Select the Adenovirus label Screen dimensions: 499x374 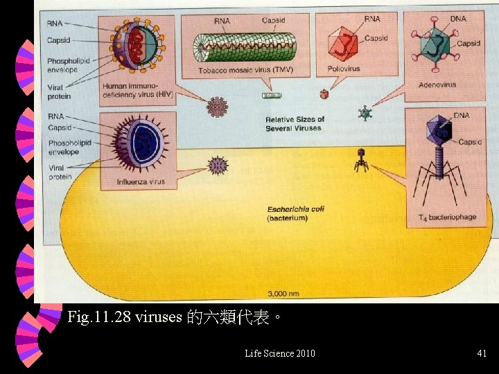point(437,85)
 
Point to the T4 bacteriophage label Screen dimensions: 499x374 point(447,217)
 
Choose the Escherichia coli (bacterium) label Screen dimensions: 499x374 point(295,213)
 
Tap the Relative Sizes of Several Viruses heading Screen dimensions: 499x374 point(294,124)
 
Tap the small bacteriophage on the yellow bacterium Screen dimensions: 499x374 point(360,160)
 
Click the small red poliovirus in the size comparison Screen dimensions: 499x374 point(323,93)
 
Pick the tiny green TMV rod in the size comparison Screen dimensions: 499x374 point(272,96)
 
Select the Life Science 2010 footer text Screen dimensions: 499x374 point(280,354)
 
